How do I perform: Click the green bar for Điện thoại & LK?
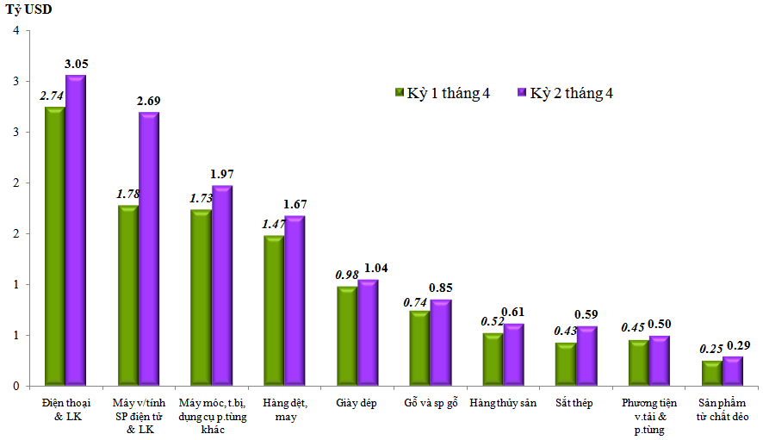[54, 245]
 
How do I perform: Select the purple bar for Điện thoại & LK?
[76, 230]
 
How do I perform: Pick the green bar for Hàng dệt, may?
[273, 310]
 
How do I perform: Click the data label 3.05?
[76, 64]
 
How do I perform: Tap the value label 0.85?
[441, 288]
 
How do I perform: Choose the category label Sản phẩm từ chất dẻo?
[723, 410]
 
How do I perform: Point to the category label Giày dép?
[357, 404]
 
